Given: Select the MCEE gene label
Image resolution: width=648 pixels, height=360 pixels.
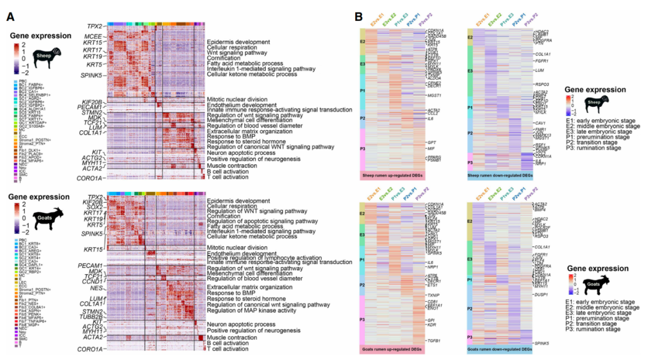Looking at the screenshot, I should click(94, 36).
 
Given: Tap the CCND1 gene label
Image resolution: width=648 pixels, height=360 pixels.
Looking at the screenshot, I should click(92, 281).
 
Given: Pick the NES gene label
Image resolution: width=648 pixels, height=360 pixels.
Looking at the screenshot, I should click(96, 288).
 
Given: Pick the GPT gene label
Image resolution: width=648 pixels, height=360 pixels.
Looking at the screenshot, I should click(431, 142).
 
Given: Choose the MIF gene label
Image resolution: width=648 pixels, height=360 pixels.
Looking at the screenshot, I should click(430, 148).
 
